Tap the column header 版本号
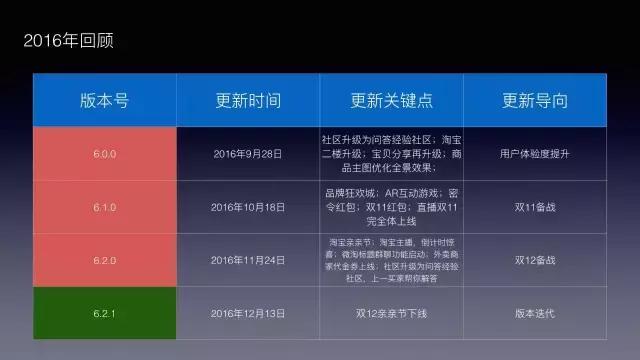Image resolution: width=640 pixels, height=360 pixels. point(104,101)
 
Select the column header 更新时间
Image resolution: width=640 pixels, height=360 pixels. point(248,101)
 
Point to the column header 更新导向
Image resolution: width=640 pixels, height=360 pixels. point(535,101)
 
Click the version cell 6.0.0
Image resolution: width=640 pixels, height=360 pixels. point(104,154)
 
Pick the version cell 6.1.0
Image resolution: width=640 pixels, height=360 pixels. point(104,207)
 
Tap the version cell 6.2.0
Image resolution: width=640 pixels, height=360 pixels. point(104,260)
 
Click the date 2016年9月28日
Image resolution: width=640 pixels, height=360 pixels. point(248,154)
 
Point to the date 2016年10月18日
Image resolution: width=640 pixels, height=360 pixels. point(248,207)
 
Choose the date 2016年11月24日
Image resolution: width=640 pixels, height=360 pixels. point(248,260)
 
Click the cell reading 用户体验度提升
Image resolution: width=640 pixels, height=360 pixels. point(535,154)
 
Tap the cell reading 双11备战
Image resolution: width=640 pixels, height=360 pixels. point(535,207)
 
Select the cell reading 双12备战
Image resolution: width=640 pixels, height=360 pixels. point(535,260)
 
